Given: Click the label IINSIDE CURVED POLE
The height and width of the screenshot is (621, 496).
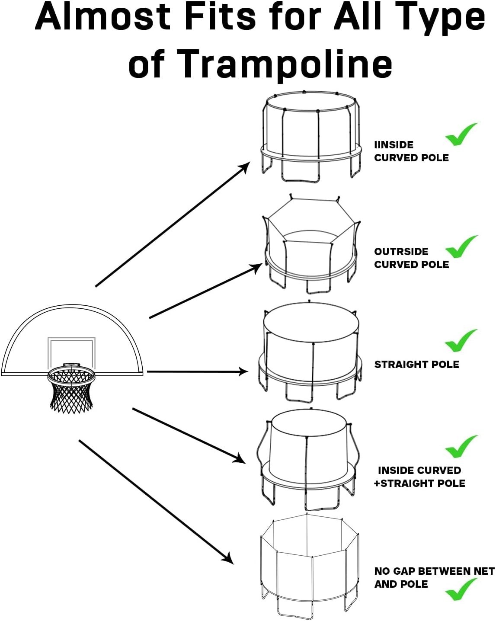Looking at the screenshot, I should point(411,151).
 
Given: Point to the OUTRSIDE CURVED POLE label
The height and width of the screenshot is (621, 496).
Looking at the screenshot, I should point(411,258).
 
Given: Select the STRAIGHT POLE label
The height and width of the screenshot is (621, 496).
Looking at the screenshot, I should point(416,365).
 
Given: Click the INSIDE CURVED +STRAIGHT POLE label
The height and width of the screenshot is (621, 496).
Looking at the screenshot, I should point(419,477).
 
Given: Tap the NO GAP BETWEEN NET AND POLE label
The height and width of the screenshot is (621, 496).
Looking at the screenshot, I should point(434,577).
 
